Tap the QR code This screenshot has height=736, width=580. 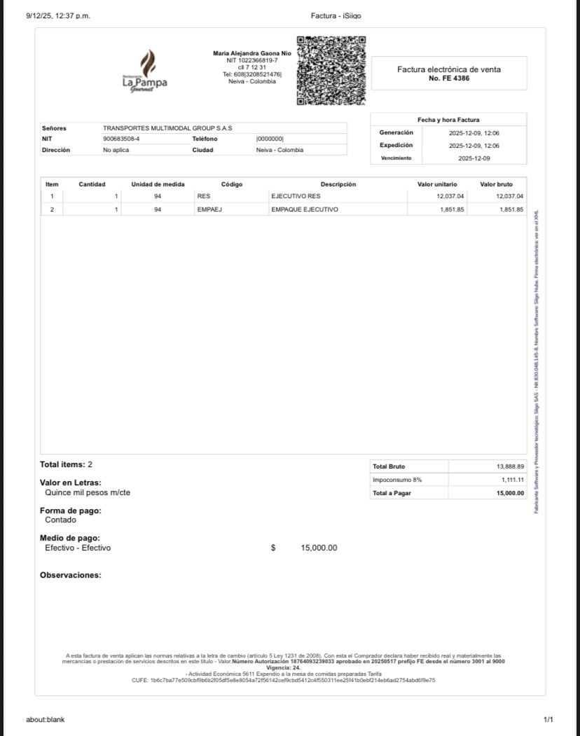click(x=331, y=71)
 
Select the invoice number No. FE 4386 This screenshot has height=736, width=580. click(x=449, y=78)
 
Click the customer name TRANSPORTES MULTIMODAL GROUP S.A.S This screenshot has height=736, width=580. click(x=167, y=128)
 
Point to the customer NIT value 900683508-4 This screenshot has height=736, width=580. click(x=121, y=139)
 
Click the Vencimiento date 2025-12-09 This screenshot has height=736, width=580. click(x=474, y=159)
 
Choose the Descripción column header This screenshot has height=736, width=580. click(x=338, y=184)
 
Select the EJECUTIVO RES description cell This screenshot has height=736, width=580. click(x=296, y=197)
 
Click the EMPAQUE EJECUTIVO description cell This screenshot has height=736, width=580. click(x=304, y=209)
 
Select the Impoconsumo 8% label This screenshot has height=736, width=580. click(x=397, y=480)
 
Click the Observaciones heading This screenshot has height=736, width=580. click(x=71, y=575)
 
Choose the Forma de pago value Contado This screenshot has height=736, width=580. click(x=61, y=520)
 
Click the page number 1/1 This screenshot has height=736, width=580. click(x=548, y=719)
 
